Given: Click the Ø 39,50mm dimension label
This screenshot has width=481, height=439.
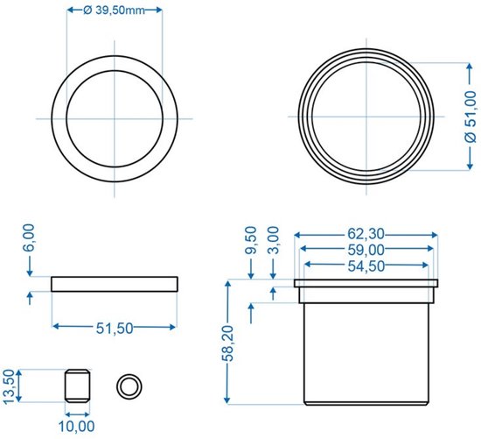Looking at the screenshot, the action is pos(114,11).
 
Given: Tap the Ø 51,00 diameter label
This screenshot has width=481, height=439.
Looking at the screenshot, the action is pos(471,117).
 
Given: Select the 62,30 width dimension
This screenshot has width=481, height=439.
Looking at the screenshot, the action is pos(366,234).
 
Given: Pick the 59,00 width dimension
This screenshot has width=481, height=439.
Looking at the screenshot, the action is pos(366,250).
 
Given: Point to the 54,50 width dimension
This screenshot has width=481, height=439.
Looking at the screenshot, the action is pos(366,266).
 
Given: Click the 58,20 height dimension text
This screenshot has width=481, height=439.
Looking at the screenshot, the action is pos(227,343).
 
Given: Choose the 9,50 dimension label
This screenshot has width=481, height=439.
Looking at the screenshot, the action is pos(251,240).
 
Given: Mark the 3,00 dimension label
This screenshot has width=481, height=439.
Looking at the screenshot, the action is pos(274,240).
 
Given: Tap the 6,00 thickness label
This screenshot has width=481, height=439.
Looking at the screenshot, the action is pos(30,238).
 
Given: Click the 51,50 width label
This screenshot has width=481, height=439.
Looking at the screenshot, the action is pos(115,329).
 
